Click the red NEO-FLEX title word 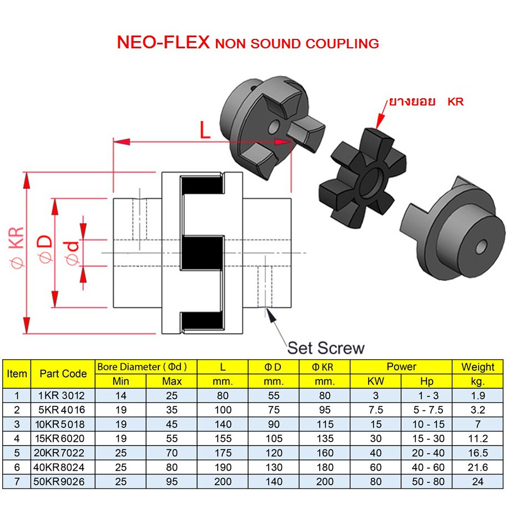pyautogui.click(x=162, y=43)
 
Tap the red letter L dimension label pyautogui.click(x=205, y=131)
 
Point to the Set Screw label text pyautogui.click(x=326, y=348)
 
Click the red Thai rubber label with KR pyautogui.click(x=426, y=102)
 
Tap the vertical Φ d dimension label pyautogui.click(x=72, y=253)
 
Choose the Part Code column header pyautogui.click(x=63, y=374)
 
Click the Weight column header pyautogui.click(x=477, y=366)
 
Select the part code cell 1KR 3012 pyautogui.click(x=63, y=396)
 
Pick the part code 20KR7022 pyautogui.click(x=63, y=453)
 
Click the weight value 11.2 pyautogui.click(x=477, y=439)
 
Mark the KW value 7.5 pyautogui.click(x=376, y=410)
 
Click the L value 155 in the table pyautogui.click(x=222, y=439)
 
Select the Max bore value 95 pyautogui.click(x=172, y=481)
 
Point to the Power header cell pyautogui.click(x=401, y=366)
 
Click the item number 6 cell pyautogui.click(x=17, y=467)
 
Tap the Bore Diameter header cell pyautogui.click(x=147, y=366)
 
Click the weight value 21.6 pyautogui.click(x=477, y=467)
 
